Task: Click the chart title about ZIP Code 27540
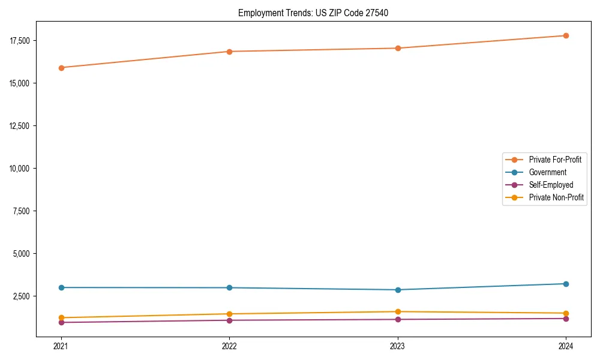click(x=313, y=13)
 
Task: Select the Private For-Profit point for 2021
click(x=61, y=68)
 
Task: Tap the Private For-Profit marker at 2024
click(x=566, y=36)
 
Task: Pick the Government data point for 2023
click(x=398, y=290)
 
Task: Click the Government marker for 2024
click(x=566, y=284)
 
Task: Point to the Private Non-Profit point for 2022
click(x=229, y=314)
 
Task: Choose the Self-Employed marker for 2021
click(x=61, y=323)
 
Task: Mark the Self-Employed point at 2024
click(x=566, y=319)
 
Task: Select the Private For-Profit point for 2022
click(x=229, y=52)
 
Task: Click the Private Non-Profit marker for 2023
click(x=398, y=311)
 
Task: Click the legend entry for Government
click(x=547, y=172)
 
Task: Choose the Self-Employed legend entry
click(x=551, y=185)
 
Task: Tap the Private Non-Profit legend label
click(x=556, y=197)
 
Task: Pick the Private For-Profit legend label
click(x=555, y=160)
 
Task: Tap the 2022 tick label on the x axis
click(x=229, y=346)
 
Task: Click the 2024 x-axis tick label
click(x=566, y=346)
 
